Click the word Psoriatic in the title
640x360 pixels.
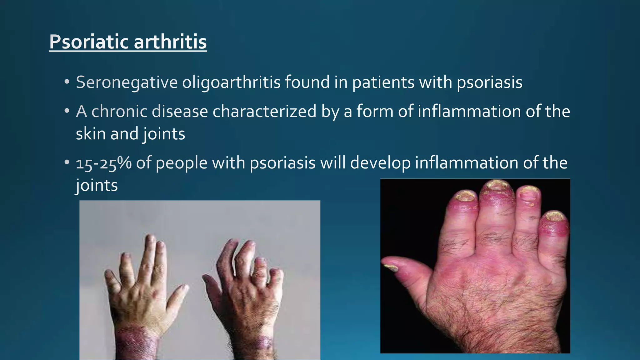coord(89,42)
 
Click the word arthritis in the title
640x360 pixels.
coord(170,42)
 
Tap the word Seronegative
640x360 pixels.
coord(127,83)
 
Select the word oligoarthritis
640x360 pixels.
coord(231,83)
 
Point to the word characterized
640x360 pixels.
coord(264,112)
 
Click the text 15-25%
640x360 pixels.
coord(104,163)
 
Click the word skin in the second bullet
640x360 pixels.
coord(90,134)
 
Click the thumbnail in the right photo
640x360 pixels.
coord(391,267)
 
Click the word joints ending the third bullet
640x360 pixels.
coord(97,186)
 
